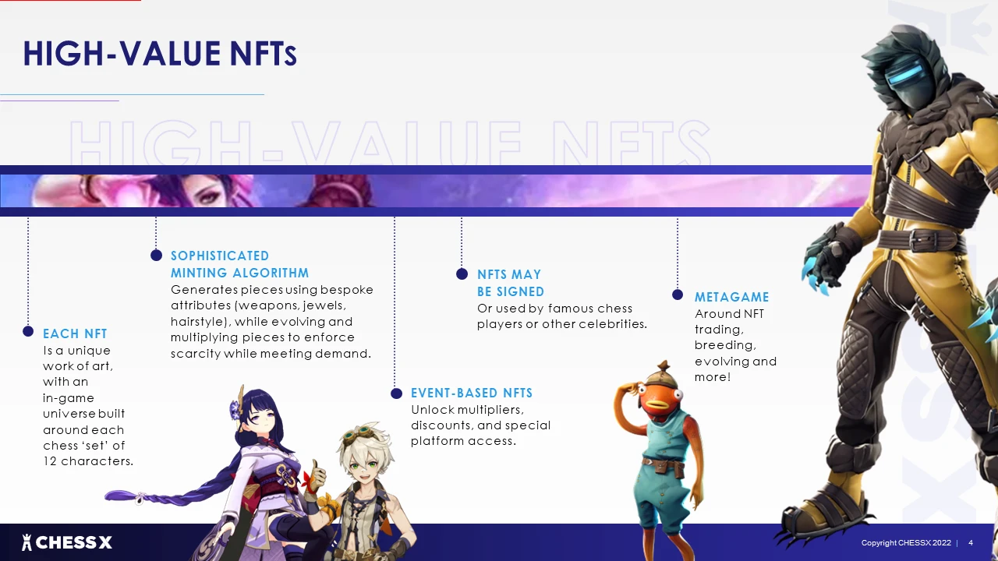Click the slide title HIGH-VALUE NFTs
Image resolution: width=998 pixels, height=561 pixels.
(160, 54)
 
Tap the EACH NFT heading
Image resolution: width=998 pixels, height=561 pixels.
(75, 333)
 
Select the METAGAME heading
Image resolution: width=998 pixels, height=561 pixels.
(731, 297)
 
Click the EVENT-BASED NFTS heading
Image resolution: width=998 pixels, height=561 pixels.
(472, 393)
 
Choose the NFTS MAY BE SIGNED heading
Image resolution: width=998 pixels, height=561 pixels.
(511, 283)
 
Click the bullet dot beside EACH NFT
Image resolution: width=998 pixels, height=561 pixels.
(28, 331)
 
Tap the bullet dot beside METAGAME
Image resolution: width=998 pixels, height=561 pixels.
(678, 295)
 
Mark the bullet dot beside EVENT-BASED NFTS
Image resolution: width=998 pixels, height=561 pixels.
(396, 393)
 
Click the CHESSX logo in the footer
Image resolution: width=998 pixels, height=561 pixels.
(67, 542)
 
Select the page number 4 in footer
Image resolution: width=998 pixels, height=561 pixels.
(971, 543)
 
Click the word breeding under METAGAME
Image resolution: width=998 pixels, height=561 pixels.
(725, 345)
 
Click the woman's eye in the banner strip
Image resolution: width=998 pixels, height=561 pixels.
(206, 196)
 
